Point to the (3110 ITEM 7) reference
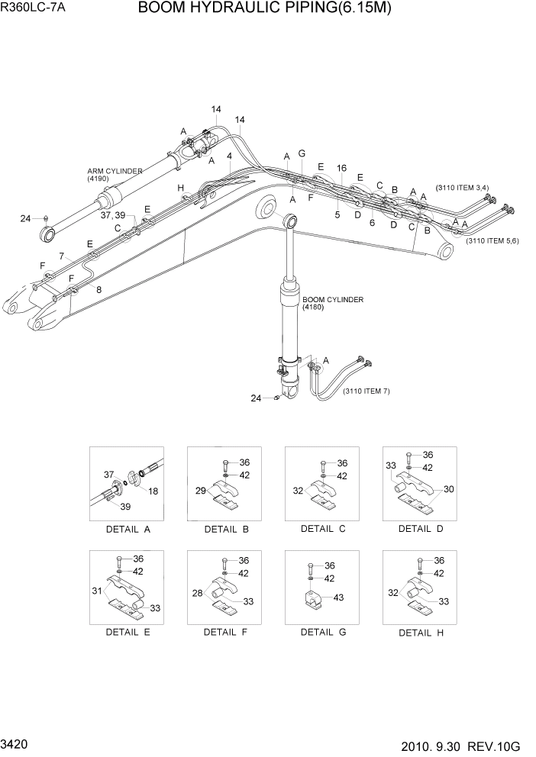click(366, 391)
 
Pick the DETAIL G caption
click(323, 632)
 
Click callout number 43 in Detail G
click(338, 598)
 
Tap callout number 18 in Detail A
click(153, 491)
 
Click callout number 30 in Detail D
click(448, 489)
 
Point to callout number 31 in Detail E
click(96, 591)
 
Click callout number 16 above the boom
click(341, 168)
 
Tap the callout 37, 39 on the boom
click(112, 215)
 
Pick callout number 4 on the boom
click(229, 156)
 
